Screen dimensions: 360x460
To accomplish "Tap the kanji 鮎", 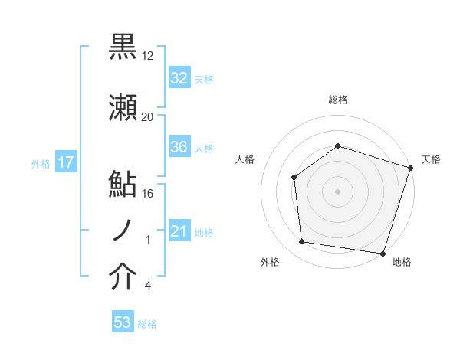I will click(x=123, y=185).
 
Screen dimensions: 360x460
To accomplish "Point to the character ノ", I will click(x=123, y=231).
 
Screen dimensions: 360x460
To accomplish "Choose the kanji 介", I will click(x=123, y=277).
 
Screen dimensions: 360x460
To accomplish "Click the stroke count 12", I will click(x=149, y=56).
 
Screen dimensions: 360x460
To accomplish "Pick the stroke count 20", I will click(x=148, y=117).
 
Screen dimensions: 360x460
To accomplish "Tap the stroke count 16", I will click(x=148, y=193).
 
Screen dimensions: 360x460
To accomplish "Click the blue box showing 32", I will click(x=179, y=78).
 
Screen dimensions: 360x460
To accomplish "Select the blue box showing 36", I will click(x=179, y=147).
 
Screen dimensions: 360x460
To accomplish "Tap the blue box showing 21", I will click(x=179, y=231).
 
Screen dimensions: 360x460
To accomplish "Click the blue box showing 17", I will click(x=65, y=162).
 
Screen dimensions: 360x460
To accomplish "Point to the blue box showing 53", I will click(x=123, y=322).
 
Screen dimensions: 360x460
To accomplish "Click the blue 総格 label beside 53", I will click(x=147, y=324).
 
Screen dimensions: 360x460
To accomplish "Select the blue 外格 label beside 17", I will click(x=41, y=163).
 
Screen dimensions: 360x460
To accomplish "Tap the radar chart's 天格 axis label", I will click(x=431, y=159).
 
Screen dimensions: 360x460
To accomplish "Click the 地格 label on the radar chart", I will click(x=402, y=263).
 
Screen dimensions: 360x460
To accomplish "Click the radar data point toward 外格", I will click(x=302, y=242).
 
